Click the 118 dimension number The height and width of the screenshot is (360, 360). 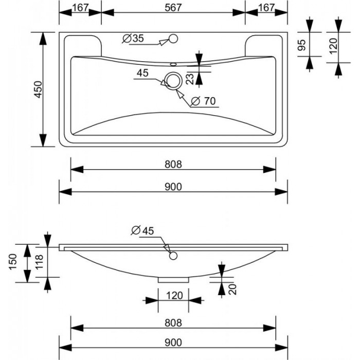38,264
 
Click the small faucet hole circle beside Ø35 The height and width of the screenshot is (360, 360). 173,38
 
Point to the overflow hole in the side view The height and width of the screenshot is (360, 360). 173,256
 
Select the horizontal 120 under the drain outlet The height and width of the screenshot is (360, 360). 173,296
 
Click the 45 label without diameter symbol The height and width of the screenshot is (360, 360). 142,73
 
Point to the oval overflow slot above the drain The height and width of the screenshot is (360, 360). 173,64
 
